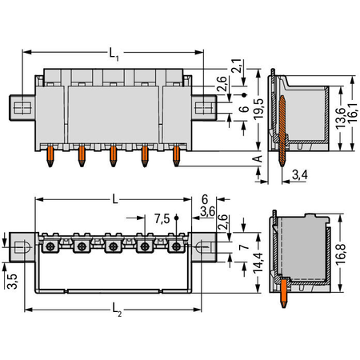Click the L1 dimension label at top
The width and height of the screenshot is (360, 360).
114,54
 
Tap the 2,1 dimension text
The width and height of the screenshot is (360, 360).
236,66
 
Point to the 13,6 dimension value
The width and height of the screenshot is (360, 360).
341,118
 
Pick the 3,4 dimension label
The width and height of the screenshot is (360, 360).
300,175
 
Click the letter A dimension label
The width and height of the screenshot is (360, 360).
258,158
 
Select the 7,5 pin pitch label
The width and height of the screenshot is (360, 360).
162,219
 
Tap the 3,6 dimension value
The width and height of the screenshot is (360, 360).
207,212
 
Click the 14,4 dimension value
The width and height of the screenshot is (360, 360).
258,263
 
